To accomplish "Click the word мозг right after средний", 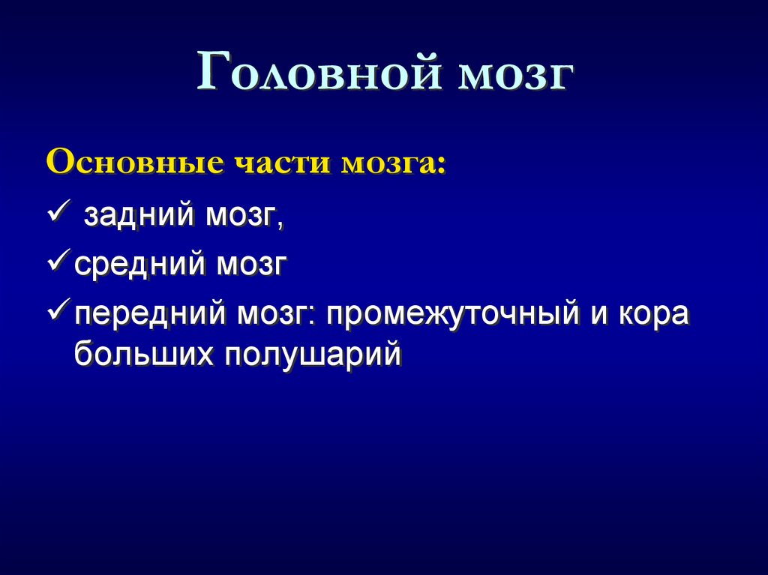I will [x=252, y=265].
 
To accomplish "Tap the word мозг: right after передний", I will [x=276, y=313].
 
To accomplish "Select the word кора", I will [x=653, y=314].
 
